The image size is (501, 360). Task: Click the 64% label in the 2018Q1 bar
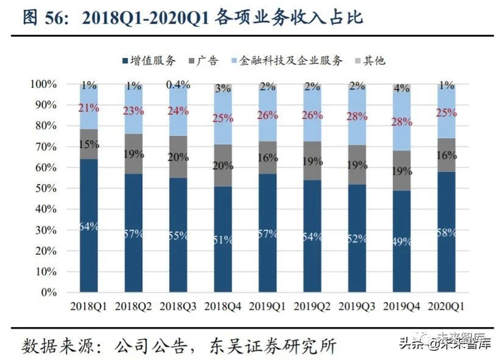(x=89, y=227)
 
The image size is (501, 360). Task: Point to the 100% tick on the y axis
(x=44, y=84)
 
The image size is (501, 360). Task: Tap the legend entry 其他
(x=374, y=61)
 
